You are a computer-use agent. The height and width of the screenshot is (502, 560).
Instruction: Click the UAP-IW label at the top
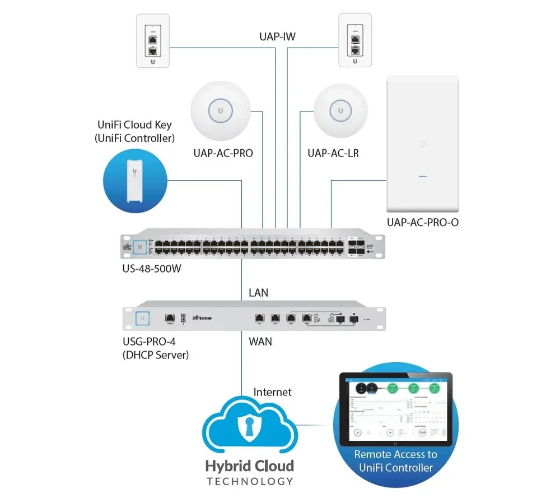pyautogui.click(x=277, y=37)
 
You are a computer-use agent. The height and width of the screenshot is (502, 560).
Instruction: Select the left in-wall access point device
pyautogui.click(x=152, y=41)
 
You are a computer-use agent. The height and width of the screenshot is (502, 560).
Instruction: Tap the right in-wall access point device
pyautogui.click(x=355, y=41)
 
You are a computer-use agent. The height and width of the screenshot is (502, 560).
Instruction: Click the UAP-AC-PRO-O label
pyautogui.click(x=423, y=222)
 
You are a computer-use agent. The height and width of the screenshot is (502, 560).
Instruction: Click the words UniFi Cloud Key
pyautogui.click(x=134, y=125)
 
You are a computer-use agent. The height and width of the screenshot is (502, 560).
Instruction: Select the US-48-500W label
pyautogui.click(x=152, y=268)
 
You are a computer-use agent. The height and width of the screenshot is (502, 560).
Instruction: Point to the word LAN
pyautogui.click(x=258, y=292)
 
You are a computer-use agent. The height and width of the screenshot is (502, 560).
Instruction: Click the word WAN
pyautogui.click(x=260, y=340)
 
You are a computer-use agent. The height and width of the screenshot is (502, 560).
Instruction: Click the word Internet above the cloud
pyautogui.click(x=273, y=392)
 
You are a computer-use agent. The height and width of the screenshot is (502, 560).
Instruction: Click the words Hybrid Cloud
pyautogui.click(x=249, y=466)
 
